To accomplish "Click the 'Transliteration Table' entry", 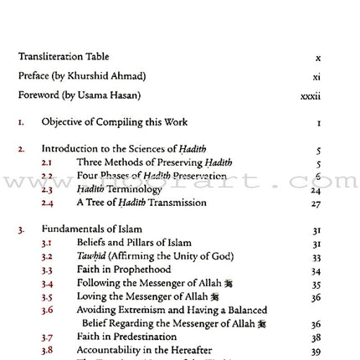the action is pos(63,57).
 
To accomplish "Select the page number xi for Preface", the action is pos(316,77).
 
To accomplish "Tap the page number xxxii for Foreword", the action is pos(311,96).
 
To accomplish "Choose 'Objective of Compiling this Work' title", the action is pos(115,122).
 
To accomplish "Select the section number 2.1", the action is pos(47,162).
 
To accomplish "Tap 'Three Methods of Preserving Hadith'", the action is pos(154,162).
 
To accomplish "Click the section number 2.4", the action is pos(47,203).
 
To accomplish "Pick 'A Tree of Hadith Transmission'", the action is pos(141,203).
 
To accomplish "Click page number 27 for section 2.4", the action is pos(316,203).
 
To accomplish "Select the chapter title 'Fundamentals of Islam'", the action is pos(91,229).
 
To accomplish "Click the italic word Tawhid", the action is pos(91,256).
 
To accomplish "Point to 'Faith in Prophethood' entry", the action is pos(124,270).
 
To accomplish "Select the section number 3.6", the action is pos(47,310).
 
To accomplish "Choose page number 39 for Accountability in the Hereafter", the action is pos(316,351).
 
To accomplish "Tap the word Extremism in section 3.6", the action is pos(140,310).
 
